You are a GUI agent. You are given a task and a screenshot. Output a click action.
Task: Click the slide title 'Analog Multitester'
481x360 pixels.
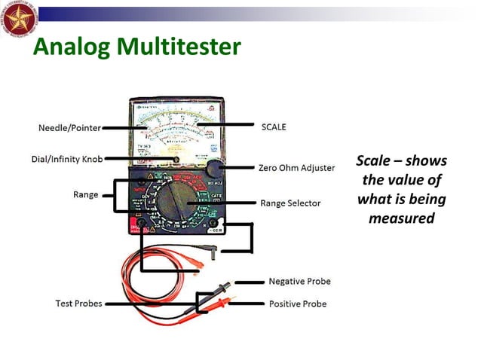136,48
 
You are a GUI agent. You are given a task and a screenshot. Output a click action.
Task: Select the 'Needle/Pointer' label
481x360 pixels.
69,128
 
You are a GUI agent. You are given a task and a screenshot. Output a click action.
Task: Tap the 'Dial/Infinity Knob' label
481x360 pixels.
67,159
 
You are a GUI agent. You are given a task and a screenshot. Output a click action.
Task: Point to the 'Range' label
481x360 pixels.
85,194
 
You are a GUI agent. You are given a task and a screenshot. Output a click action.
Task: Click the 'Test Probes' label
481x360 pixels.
78,304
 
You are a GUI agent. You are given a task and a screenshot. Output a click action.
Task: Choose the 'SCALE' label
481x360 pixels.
274,127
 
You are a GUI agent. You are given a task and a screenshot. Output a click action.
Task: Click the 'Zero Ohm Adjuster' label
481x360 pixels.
296,168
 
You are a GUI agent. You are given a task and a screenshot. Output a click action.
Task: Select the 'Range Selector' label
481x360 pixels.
290,203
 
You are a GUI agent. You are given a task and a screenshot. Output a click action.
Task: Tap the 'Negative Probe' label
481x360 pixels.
299,282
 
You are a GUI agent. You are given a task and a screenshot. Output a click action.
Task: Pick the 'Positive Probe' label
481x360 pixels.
298,304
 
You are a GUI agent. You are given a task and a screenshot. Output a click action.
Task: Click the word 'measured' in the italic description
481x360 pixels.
401,218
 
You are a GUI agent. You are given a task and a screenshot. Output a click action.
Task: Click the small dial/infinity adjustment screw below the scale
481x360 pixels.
176,159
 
